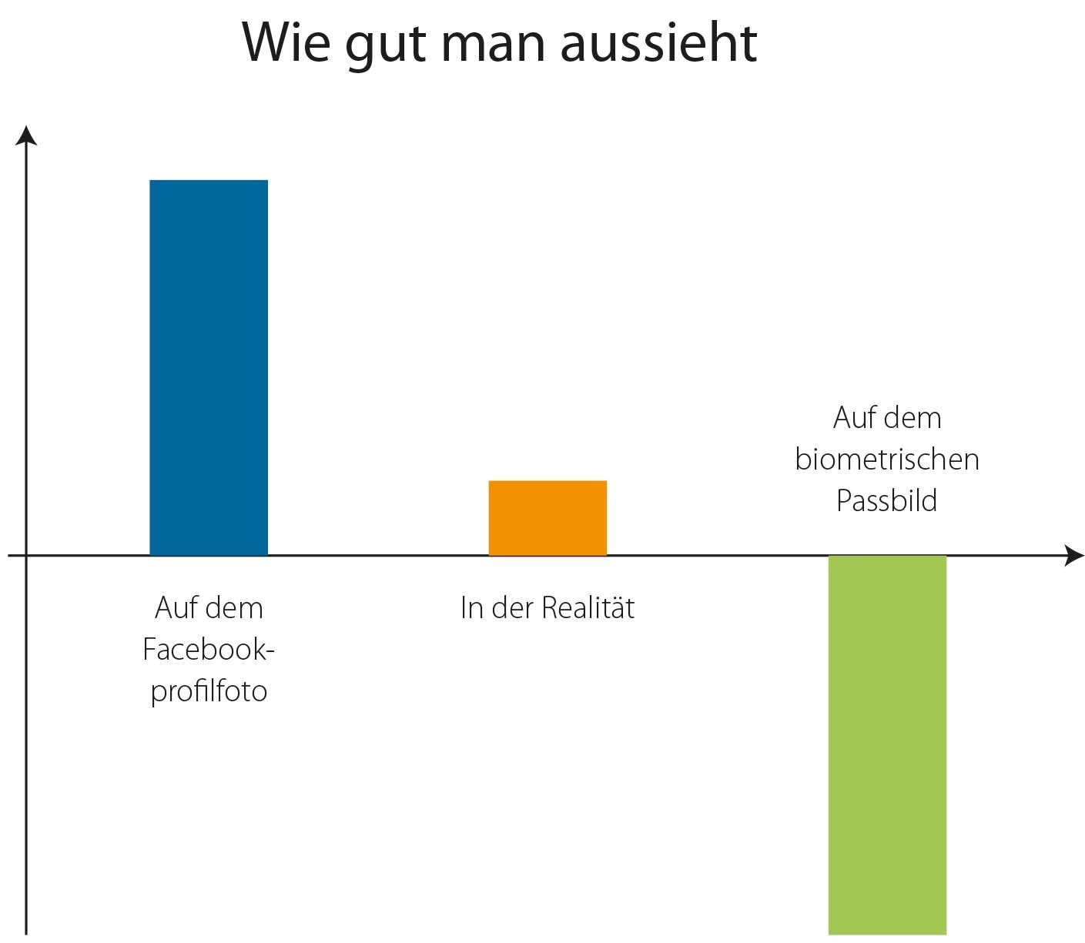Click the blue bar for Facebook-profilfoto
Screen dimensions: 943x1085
click(x=209, y=367)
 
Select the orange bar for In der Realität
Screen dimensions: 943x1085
click(x=548, y=518)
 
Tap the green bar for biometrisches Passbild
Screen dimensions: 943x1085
click(x=887, y=744)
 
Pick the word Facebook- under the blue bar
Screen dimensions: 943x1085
click(x=209, y=650)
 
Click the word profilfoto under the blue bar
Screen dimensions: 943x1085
click(x=209, y=691)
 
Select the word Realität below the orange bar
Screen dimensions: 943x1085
click(x=588, y=608)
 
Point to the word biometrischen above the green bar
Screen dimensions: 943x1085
click(x=887, y=460)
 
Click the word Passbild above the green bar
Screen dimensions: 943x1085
click(x=887, y=501)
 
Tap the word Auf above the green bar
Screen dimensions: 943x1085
click(x=852, y=418)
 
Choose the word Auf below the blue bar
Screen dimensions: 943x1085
click(x=173, y=608)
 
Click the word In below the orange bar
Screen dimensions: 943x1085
click(x=471, y=608)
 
